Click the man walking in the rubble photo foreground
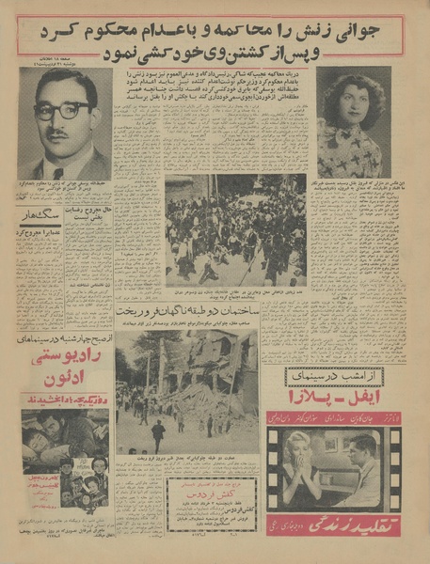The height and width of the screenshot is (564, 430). tap(157, 434)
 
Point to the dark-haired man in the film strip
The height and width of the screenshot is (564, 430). tap(362, 465)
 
